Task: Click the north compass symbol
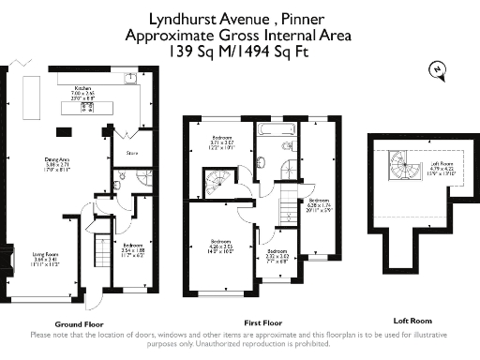435,68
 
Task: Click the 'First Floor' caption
263,323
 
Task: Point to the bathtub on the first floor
277,127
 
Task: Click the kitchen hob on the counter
88,108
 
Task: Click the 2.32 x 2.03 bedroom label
277,255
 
